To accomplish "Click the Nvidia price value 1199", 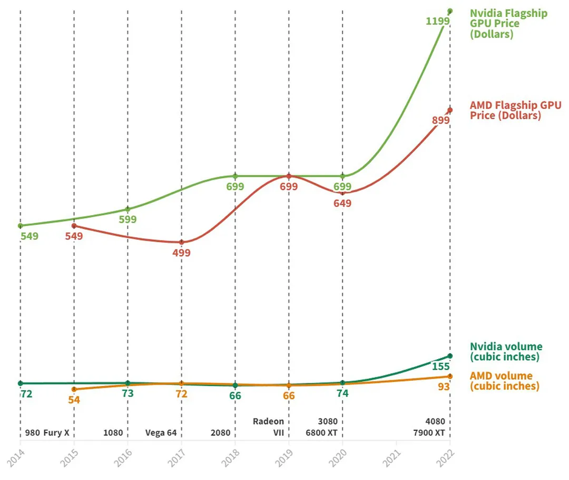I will tap(437, 21).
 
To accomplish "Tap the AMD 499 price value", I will tap(180, 253).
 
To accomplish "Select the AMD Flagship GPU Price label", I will tap(515, 111).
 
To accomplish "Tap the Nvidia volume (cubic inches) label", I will tap(505, 352).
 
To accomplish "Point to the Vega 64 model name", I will tap(161, 433).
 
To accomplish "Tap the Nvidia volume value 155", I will tap(440, 367).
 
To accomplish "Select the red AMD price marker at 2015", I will tap(74, 226).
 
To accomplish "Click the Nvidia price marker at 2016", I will tap(128, 209).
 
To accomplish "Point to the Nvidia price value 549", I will tap(29, 236).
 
